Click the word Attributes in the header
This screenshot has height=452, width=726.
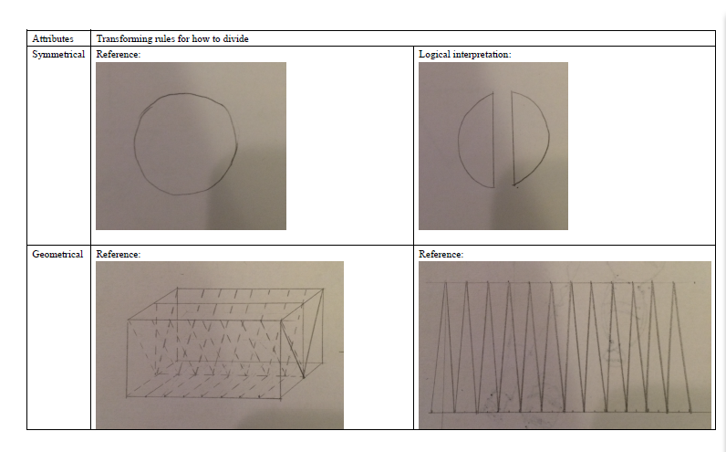coord(53,38)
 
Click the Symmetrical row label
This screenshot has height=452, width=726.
coord(58,54)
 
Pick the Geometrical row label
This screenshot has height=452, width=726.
coord(57,254)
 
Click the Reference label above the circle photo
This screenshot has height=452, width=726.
coord(118,54)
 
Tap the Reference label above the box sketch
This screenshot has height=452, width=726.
coord(118,254)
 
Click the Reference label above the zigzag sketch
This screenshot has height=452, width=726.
coord(441,254)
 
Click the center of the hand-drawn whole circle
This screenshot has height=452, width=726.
coord(186,143)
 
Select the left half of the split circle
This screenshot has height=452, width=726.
coord(477,140)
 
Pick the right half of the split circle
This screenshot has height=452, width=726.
coord(530,138)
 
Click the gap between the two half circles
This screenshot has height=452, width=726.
coord(503,139)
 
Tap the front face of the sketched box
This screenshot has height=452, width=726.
coord(203,358)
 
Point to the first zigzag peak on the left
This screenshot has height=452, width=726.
coord(445,282)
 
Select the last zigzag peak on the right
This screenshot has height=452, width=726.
coord(674,282)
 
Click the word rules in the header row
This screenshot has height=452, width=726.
coord(165,38)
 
